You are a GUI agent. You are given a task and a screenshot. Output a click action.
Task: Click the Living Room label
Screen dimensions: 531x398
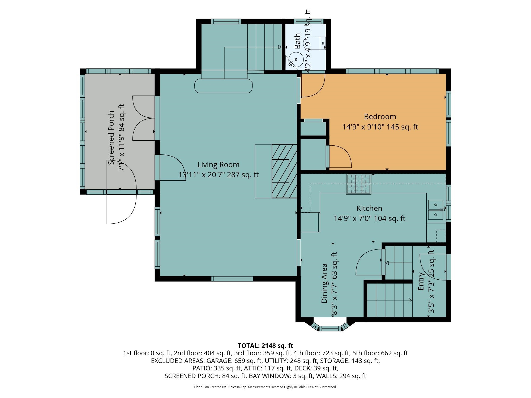[x=219, y=165]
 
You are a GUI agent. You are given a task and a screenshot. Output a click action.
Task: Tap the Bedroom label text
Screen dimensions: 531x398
[x=380, y=117]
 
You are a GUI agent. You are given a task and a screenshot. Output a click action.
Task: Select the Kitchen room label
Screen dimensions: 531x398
[x=369, y=208]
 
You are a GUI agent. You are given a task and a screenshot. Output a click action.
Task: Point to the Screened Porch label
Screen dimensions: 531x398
[x=112, y=138]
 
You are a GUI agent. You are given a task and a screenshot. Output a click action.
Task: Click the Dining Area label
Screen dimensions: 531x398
[x=324, y=283]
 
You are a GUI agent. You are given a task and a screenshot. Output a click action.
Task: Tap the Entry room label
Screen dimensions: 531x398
[x=421, y=281]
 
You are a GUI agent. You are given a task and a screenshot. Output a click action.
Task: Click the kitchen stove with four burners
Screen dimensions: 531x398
[x=359, y=184]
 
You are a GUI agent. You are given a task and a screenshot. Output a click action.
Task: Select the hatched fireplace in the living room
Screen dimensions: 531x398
[x=284, y=171]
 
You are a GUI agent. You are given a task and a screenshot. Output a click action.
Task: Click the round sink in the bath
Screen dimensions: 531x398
[x=296, y=59]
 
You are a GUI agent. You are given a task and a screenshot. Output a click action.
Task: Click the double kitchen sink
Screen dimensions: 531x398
[x=435, y=210]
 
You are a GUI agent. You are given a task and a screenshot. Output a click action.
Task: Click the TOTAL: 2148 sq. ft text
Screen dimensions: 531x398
[x=265, y=346]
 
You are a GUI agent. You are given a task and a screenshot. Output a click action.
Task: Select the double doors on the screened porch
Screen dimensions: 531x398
[x=144, y=118]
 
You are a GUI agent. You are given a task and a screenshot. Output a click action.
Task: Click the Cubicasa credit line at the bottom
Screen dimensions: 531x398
[x=265, y=387]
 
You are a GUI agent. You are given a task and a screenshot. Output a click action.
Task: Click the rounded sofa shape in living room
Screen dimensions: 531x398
[x=223, y=86]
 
